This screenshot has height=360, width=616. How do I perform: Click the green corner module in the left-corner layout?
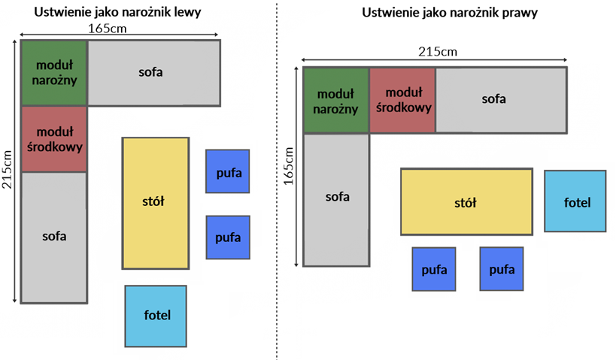54,73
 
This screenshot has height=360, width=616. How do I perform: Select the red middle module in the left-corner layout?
54,139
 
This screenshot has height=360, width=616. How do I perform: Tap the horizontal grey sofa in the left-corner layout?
154,73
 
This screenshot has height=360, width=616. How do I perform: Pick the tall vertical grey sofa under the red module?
54,237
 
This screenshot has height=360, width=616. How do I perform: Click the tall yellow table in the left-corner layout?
155,203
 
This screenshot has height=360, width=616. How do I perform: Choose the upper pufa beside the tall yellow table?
228,171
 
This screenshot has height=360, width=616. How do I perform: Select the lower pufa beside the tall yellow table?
228,237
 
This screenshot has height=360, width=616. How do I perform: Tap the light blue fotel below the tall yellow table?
156,313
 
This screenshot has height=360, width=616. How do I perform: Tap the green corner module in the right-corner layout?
336,100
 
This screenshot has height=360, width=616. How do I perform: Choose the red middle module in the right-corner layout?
402,100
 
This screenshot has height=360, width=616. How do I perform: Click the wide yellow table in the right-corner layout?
466,202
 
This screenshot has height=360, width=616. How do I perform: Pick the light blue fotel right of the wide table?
575,201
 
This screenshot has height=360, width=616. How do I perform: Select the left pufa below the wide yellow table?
434,269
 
